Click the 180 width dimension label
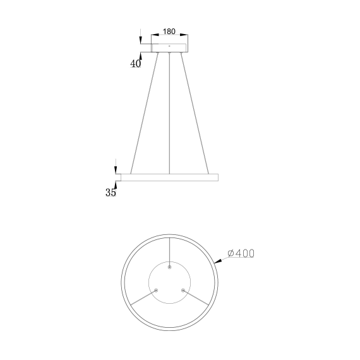tap(169, 32)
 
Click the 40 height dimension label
tap(135, 63)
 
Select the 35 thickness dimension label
tap(111, 193)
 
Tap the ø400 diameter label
tap(241, 253)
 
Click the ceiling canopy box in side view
tap(170, 47)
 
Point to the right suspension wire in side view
tap(196, 114)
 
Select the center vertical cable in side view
tap(170, 114)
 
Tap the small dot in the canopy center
tap(169, 46)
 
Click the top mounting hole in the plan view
tap(169, 268)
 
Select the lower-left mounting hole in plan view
tap(156, 291)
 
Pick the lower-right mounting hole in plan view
tap(183, 291)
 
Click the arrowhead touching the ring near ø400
tap(217, 259)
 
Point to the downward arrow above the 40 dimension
tap(140, 40)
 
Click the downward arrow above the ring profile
tap(116, 170)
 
